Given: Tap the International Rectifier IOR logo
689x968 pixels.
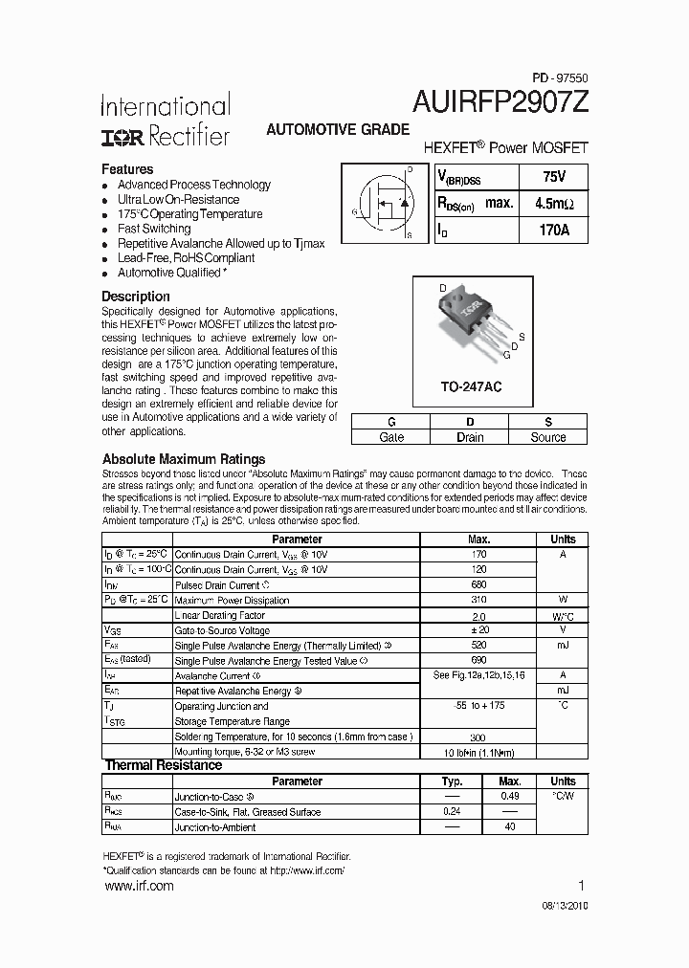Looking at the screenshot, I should pyautogui.click(x=122, y=138).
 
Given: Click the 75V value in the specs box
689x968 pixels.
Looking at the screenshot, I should pyautogui.click(x=553, y=177).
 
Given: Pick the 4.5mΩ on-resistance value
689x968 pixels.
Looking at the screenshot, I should pyautogui.click(x=553, y=204).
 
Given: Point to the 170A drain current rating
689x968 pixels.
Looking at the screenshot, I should pyautogui.click(x=553, y=231).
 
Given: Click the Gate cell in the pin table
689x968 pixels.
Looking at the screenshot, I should pyautogui.click(x=391, y=437).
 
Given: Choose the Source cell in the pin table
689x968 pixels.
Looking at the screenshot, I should pyautogui.click(x=548, y=437).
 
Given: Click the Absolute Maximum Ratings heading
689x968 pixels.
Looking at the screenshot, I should pyautogui.click(x=184, y=459).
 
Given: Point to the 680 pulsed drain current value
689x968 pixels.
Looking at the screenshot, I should pyautogui.click(x=479, y=584).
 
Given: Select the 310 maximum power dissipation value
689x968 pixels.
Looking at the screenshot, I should pyautogui.click(x=479, y=600).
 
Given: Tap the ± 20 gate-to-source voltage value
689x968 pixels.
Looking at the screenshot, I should pyautogui.click(x=479, y=630).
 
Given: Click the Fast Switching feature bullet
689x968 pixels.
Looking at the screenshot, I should pyautogui.click(x=153, y=229).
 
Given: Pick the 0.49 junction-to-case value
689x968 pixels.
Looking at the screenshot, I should pyautogui.click(x=510, y=796).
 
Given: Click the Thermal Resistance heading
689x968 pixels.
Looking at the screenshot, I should pyautogui.click(x=163, y=765).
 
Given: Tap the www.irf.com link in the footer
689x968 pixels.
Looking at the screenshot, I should pyautogui.click(x=138, y=887).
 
